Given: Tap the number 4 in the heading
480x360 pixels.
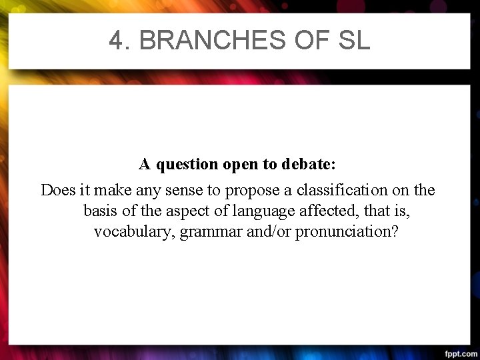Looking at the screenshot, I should pyautogui.click(x=117, y=41).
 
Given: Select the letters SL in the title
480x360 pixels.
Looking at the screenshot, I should pyautogui.click(x=353, y=41).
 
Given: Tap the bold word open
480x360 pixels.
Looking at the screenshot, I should pyautogui.click(x=241, y=164).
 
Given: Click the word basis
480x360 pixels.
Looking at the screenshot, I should pyautogui.click(x=101, y=212).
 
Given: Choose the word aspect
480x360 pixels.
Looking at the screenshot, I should pyautogui.click(x=181, y=212).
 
